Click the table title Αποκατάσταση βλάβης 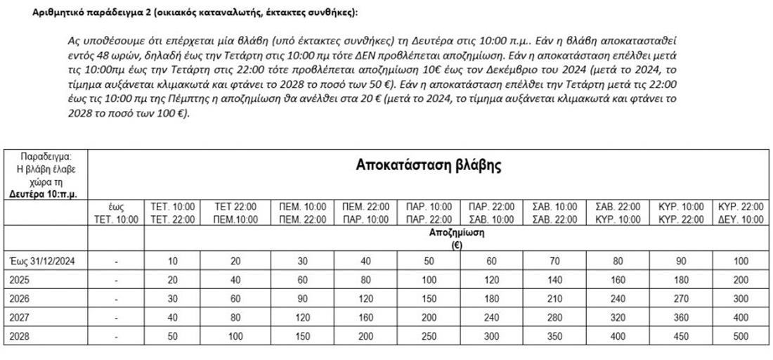click(x=428, y=167)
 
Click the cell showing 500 click(x=740, y=336)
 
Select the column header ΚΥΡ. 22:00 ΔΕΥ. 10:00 click(x=740, y=213)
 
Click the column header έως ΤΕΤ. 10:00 click(x=116, y=213)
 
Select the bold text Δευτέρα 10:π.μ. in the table click(x=44, y=193)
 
